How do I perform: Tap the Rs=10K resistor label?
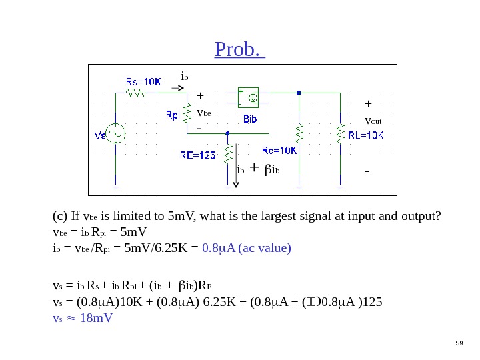[143, 81]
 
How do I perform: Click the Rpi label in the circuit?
[173, 115]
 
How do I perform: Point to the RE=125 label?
[198, 155]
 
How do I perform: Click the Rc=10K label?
[279, 150]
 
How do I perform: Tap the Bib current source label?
[250, 119]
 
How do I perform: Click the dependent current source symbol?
[250, 98]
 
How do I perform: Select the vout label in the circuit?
[373, 121]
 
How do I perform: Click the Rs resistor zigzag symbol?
[137, 93]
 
